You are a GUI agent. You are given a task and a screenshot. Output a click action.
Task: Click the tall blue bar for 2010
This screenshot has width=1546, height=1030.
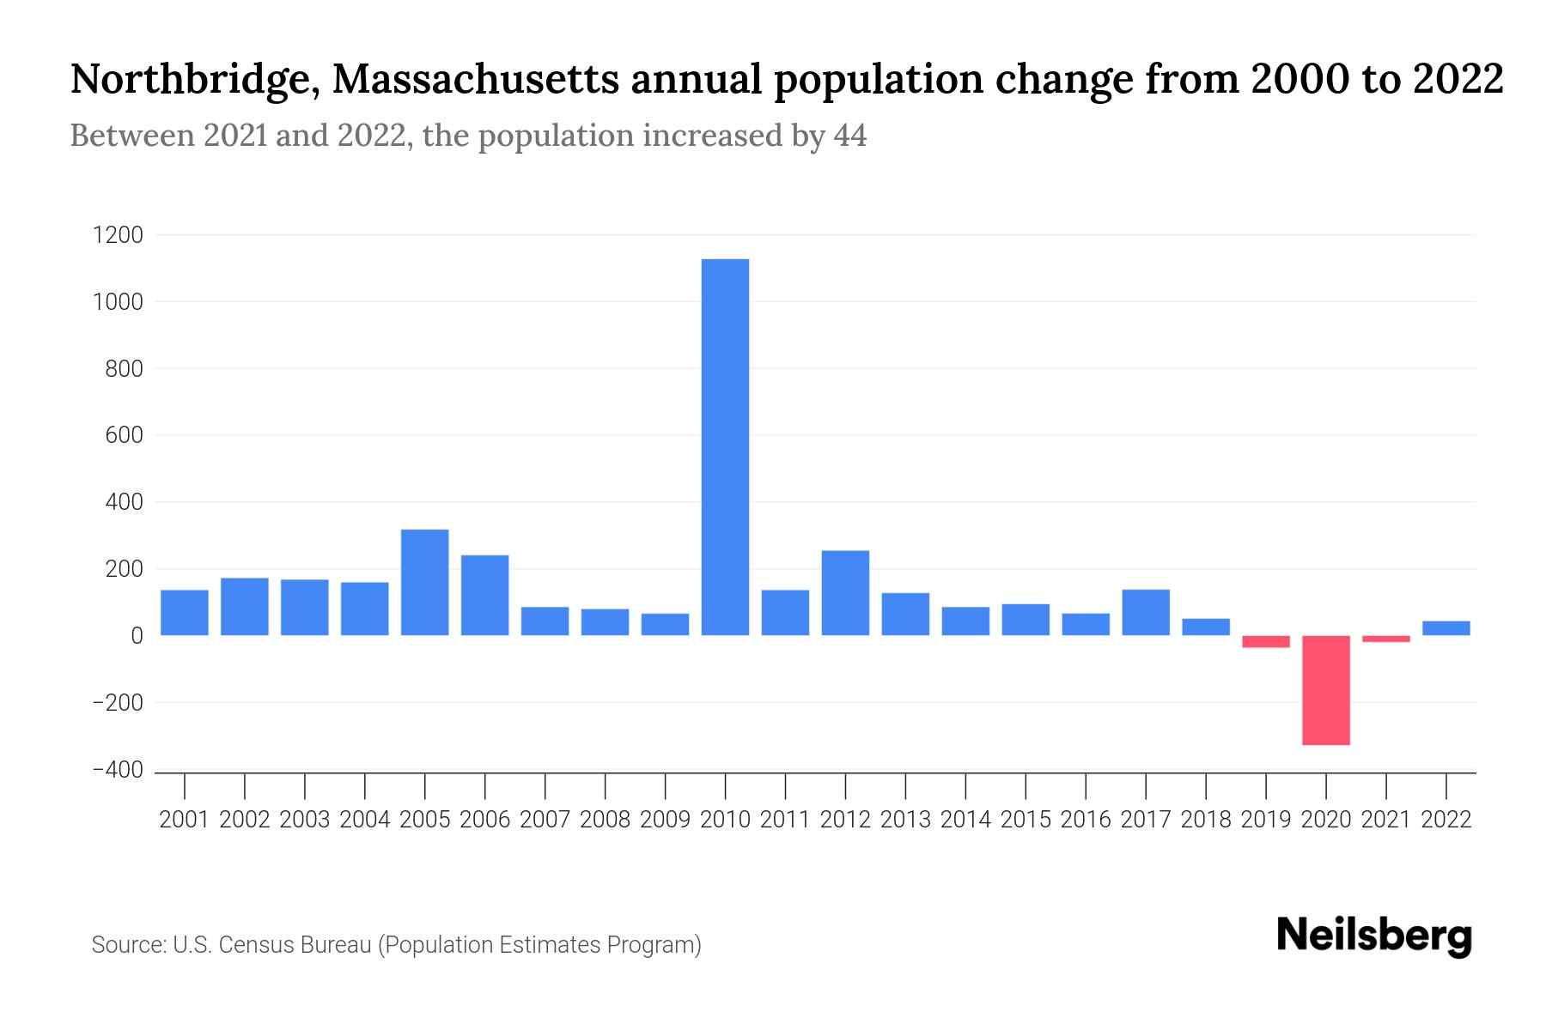[x=725, y=446]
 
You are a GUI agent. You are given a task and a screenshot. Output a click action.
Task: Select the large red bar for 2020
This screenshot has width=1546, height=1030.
[x=1325, y=690]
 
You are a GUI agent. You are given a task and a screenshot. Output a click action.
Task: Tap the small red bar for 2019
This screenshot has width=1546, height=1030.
[x=1265, y=641]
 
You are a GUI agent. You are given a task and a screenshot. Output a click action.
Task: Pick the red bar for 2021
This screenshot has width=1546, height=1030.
[x=1385, y=639]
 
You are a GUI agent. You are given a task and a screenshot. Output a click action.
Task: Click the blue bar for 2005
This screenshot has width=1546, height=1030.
[x=424, y=582]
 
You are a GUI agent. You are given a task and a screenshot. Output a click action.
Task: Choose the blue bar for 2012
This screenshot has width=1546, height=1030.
[x=845, y=592]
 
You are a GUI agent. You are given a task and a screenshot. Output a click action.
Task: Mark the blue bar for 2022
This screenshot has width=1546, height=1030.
[x=1446, y=627]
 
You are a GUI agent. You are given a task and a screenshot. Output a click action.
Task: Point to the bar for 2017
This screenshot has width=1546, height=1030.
[x=1146, y=612]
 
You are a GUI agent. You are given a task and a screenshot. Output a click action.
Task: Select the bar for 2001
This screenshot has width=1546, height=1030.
[x=185, y=612]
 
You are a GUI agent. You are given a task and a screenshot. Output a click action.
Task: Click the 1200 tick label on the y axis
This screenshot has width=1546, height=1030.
[x=118, y=235]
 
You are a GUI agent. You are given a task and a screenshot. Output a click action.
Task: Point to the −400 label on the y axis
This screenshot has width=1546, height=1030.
[x=118, y=770]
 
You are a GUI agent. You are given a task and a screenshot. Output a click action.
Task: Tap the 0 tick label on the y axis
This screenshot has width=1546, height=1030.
[x=137, y=636]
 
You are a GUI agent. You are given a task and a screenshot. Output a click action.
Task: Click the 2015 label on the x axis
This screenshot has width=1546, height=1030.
[x=1026, y=820]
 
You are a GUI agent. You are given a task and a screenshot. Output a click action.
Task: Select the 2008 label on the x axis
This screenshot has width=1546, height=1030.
[x=605, y=820]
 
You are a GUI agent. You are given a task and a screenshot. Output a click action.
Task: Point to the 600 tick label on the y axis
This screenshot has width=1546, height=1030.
[x=125, y=435]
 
